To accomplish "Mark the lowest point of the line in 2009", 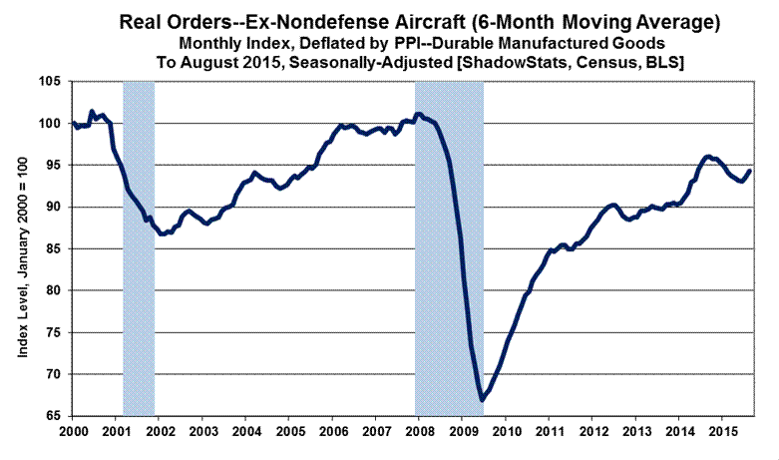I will pos(481,399).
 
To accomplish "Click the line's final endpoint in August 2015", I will pos(750,171).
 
